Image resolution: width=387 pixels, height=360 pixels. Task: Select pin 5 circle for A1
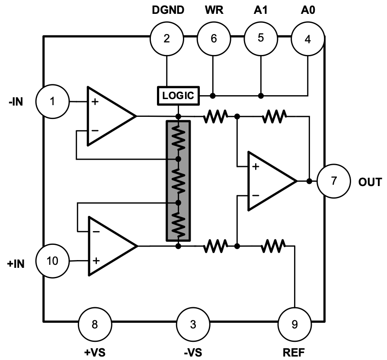pos(260,38)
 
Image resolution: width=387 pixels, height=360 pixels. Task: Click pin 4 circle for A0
pos(307,39)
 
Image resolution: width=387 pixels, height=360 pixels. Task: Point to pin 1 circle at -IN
pos(52,102)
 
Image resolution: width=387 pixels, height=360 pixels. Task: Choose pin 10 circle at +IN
pos(52,261)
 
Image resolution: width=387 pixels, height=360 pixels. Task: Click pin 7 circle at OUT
pos(333,181)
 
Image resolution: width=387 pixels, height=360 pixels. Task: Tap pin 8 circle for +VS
pos(95,324)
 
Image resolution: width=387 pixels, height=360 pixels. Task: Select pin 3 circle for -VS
pos(193,324)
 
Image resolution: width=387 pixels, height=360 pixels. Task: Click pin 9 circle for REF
pos(294,324)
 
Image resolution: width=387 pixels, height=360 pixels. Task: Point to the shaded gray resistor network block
pos(178,180)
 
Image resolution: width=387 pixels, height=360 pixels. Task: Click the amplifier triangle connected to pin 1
pos(109,116)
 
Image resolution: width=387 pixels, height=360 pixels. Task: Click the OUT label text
pos(370,182)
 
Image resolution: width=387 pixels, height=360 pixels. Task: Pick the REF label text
pos(294,352)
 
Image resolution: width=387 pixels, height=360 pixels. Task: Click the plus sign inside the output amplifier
pos(256,167)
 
